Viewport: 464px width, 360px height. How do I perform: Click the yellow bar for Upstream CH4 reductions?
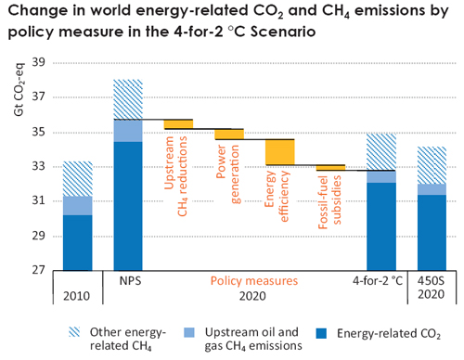178,124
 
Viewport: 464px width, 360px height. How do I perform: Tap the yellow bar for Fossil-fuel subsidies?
330,168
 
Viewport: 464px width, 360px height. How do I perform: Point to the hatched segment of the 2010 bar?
77,179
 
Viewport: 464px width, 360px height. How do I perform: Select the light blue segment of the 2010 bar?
77,205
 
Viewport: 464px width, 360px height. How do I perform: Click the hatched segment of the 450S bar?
431,165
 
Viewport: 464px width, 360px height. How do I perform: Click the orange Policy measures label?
253,279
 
